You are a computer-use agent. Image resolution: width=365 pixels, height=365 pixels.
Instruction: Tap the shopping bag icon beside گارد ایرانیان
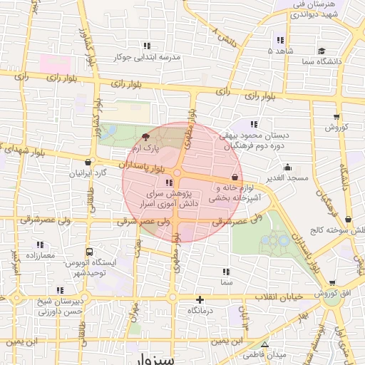click(x=88, y=161)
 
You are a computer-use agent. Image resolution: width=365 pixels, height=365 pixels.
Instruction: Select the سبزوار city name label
click(x=153, y=358)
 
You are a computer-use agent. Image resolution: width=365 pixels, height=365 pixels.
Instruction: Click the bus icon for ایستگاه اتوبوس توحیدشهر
click(x=89, y=252)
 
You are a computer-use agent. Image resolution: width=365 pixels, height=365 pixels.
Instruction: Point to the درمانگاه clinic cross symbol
click(x=200, y=300)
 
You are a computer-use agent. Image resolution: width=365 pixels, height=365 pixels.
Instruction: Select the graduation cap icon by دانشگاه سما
click(x=322, y=51)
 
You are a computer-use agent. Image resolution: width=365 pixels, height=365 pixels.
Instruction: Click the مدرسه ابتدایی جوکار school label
click(x=146, y=57)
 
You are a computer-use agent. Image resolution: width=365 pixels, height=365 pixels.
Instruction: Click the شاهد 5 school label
click(x=280, y=51)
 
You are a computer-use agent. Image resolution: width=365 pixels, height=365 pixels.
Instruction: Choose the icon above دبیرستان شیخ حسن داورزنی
click(x=61, y=289)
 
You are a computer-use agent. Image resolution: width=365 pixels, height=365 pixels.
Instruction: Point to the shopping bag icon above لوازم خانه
click(x=235, y=176)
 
